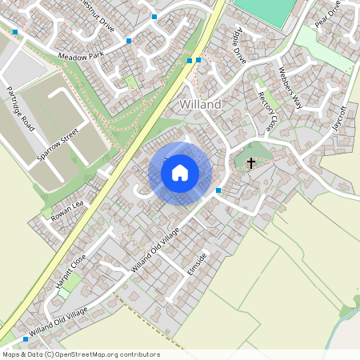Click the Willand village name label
tap(200, 105)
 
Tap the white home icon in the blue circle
tap(180, 172)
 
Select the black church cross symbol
tap(251, 163)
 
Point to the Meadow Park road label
tap(82, 56)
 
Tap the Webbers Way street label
tap(290, 87)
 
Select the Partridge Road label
tap(18, 109)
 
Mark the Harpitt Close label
tap(71, 272)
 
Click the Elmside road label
tap(197, 265)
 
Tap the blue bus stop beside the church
tap(218, 190)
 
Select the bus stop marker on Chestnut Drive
tap(154, 16)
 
